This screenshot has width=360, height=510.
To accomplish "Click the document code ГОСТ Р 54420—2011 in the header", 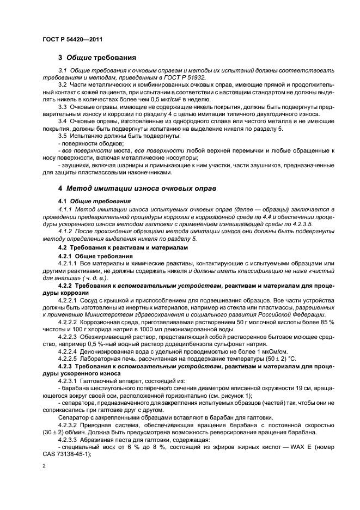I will click(x=72, y=39).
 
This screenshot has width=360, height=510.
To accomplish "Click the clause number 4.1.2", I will click(x=66, y=230).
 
